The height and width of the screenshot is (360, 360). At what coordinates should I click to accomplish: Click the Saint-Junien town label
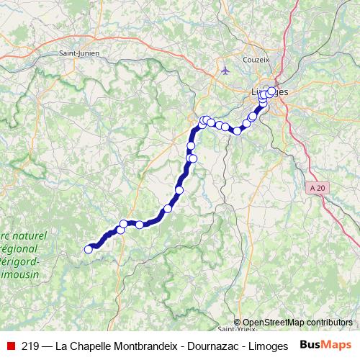coord(79,53)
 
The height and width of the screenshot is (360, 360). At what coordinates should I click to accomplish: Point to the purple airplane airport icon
coord(226,71)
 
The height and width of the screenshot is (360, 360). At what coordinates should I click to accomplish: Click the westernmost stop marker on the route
coord(89,249)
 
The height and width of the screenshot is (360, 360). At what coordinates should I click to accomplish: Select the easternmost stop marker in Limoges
coord(271,93)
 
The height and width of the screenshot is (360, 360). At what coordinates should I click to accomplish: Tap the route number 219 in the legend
coord(30,345)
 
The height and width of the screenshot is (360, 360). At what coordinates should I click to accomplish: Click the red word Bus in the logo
coord(312,344)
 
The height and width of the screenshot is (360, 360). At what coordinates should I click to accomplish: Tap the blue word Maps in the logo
coord(338,344)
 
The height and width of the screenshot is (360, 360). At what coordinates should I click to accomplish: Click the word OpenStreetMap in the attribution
coord(273,323)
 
